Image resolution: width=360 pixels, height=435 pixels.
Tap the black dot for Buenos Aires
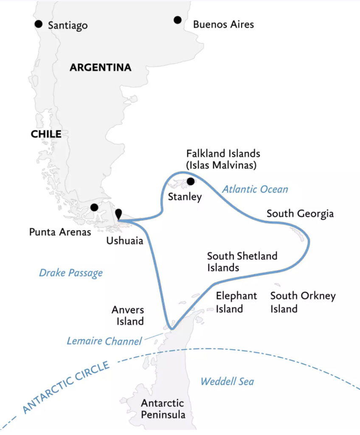tap(177, 20)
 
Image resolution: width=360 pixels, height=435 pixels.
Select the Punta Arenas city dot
tap(94, 207)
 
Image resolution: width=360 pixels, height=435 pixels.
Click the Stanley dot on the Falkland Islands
tap(191, 181)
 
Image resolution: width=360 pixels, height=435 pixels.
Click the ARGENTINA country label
tap(100, 68)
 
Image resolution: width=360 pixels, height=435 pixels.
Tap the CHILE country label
tap(46, 134)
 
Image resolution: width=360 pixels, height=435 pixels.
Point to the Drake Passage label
tap(71, 272)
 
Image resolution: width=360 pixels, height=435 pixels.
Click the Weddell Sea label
tap(227, 381)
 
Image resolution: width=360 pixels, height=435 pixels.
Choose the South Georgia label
tap(300, 213)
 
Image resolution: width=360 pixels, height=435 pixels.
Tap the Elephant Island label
tap(236, 302)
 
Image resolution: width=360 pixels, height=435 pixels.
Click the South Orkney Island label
tap(303, 302)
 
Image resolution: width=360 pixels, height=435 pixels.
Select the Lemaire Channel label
tap(104, 341)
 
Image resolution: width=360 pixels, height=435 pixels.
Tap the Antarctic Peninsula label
tap(163, 409)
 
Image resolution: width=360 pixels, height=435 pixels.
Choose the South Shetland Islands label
tap(242, 262)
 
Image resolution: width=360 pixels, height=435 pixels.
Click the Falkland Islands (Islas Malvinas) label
tap(222, 159)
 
